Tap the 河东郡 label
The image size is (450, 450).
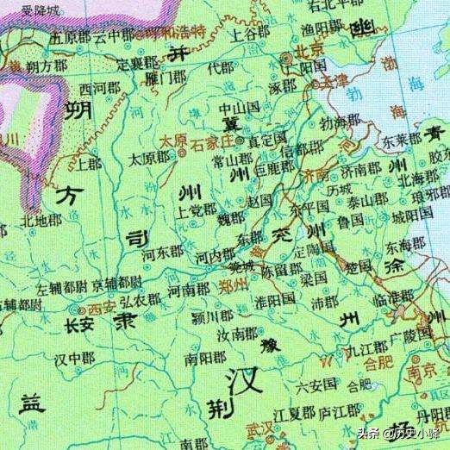[x=163, y=253]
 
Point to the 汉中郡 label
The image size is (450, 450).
[x=74, y=357]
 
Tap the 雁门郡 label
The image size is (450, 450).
[x=166, y=78]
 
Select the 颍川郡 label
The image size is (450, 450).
[x=209, y=316]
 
